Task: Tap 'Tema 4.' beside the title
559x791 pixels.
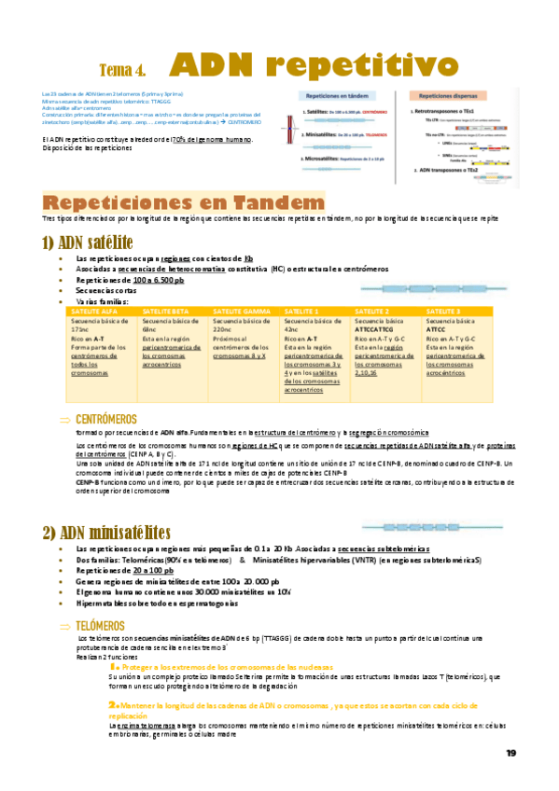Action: [121, 70]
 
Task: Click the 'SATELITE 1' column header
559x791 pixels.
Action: [302, 310]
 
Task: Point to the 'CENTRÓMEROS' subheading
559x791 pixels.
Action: [107, 419]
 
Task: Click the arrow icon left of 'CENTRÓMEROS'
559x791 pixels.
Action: [64, 420]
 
